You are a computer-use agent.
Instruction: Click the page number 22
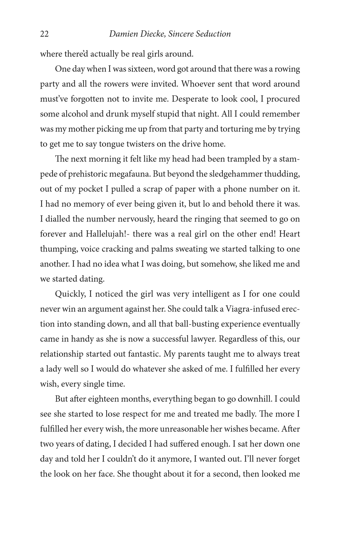click(44, 34)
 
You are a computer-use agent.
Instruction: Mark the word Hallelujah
click(106, 234)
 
